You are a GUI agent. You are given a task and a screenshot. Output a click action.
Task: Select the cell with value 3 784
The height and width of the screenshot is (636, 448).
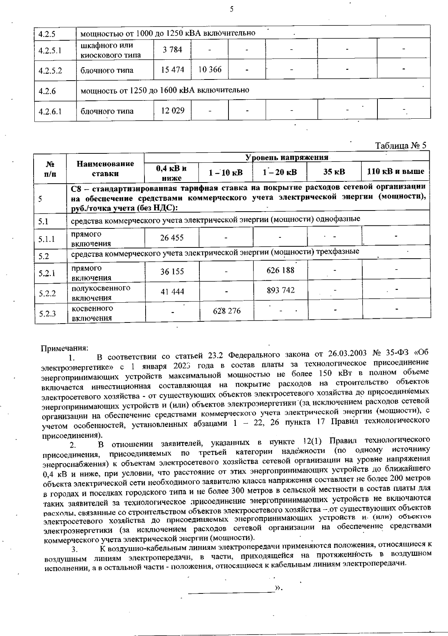172,49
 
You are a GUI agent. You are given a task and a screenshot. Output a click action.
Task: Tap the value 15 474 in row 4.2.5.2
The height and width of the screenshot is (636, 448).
172,70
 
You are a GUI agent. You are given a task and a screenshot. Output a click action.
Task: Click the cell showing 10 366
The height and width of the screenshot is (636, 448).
210,70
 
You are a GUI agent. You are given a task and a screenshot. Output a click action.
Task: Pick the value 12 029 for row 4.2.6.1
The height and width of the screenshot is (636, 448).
172,110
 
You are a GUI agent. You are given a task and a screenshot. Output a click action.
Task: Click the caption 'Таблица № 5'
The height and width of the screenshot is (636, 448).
400,146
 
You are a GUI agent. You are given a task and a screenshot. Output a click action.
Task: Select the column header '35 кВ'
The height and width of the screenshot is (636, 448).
334,172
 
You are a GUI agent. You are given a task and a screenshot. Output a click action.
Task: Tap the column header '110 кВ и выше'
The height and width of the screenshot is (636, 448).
396,172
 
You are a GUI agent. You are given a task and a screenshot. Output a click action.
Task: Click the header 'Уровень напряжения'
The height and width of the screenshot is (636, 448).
287,157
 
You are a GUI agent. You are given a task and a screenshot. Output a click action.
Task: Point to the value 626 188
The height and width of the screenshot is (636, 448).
280,270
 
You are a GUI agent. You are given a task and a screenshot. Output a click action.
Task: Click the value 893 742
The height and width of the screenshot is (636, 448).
280,290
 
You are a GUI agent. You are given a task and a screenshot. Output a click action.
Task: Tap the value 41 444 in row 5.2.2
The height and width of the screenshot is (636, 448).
172,292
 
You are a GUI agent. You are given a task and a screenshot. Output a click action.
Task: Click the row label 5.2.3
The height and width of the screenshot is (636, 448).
47,314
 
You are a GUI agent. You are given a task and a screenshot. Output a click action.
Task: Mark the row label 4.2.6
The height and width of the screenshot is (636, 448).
47,91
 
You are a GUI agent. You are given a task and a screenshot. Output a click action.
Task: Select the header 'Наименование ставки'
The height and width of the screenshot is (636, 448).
105,168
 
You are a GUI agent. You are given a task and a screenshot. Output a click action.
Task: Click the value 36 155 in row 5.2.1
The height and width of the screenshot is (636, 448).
172,272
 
